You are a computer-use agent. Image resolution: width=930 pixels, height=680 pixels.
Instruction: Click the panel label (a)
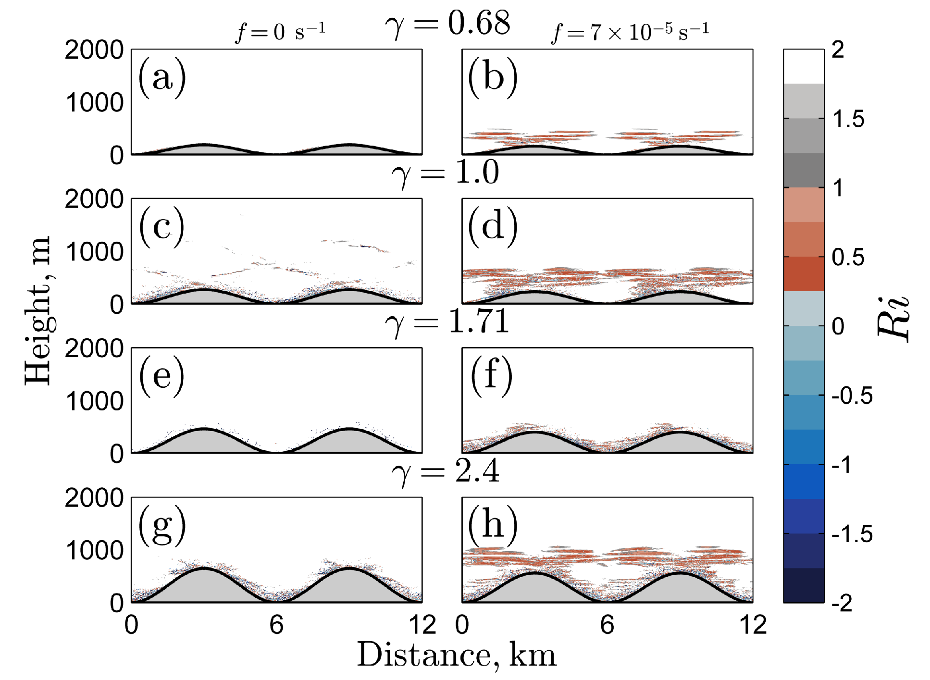162,78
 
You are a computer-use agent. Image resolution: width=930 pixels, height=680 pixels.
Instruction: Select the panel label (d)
493,227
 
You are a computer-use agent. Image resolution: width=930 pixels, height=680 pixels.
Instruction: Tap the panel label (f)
491,376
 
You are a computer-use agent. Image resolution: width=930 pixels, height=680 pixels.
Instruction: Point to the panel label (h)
493,525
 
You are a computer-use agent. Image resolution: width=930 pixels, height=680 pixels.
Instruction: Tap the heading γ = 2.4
446,471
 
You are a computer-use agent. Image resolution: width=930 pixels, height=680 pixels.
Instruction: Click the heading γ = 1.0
446,173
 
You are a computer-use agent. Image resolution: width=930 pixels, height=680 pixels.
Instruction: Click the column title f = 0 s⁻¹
281,33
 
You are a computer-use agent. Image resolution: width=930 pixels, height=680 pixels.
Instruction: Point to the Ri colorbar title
893,319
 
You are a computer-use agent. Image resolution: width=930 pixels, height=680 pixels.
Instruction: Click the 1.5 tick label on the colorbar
848,119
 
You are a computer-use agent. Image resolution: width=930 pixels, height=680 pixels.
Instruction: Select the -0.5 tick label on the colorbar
852,396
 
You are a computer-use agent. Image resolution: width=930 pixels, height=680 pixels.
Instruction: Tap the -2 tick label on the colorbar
842,603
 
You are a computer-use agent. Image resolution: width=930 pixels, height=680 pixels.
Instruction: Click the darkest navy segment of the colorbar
803,585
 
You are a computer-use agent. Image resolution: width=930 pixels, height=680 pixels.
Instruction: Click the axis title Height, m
38,310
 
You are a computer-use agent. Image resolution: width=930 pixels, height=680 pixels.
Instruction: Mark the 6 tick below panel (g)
276,625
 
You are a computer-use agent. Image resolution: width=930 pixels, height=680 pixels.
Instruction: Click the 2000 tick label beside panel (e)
94,349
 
